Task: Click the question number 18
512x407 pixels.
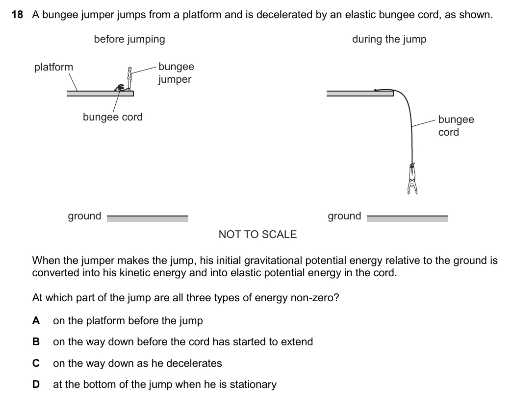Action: pos(17,15)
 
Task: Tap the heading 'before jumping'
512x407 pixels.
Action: pos(129,40)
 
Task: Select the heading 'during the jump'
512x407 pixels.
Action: pos(389,40)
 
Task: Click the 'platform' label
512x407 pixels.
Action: pos(53,67)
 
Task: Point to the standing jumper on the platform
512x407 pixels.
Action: pos(129,78)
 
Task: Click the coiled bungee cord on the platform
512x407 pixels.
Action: pos(120,87)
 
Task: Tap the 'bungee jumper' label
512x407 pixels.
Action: pos(176,72)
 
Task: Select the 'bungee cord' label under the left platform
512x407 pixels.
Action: pos(113,117)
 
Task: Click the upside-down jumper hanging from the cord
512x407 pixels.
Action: pos(412,178)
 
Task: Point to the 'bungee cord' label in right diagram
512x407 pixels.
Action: pos(456,125)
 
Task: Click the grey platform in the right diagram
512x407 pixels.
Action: pos(360,94)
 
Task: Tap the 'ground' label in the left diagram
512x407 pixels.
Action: pos(84,216)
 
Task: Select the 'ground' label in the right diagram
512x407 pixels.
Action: pos(344,216)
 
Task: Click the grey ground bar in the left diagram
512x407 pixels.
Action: pos(148,218)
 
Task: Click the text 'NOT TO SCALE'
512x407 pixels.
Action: pos(257,234)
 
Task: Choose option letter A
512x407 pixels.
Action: pos(36,321)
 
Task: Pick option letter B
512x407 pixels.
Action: pos(36,342)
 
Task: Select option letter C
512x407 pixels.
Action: pos(36,363)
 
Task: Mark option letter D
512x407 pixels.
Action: pos(36,384)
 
